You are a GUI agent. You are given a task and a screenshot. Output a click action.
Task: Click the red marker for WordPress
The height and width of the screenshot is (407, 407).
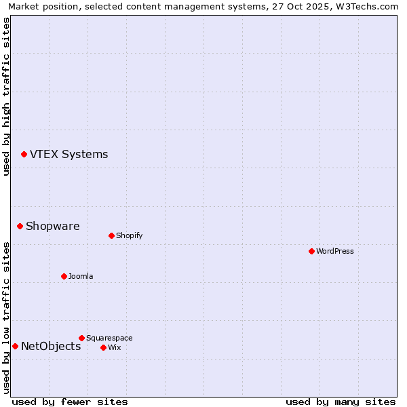coord(311,251)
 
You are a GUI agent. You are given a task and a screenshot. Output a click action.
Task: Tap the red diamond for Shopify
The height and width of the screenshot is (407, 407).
coord(111,235)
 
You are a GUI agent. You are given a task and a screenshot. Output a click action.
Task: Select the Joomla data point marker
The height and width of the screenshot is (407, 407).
coord(64,276)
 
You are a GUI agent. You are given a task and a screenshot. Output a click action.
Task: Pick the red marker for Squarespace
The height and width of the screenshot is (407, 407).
coord(81,338)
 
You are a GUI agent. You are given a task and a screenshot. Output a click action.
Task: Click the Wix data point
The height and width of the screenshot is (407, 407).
coord(103,347)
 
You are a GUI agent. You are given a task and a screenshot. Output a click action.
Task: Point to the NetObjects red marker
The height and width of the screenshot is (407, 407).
coord(15,346)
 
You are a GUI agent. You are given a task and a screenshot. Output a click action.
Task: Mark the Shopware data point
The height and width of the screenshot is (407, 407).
coord(20,226)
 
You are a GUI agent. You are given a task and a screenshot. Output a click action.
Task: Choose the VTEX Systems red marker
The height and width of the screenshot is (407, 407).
coord(24,154)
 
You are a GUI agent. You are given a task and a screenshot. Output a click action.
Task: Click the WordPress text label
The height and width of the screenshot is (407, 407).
coord(335,251)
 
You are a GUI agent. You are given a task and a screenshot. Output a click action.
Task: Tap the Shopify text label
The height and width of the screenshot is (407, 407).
coord(129,235)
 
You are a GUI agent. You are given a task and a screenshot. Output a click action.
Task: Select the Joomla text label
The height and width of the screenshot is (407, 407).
coord(81,276)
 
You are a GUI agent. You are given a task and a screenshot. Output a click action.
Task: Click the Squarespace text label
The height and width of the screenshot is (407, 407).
coord(109,338)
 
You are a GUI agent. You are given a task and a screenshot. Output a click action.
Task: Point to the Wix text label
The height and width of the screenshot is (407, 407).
coord(114,347)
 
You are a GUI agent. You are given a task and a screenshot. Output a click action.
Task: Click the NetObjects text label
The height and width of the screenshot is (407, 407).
coord(51,346)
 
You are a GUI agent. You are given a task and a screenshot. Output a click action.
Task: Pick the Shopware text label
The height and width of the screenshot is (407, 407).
coord(52,226)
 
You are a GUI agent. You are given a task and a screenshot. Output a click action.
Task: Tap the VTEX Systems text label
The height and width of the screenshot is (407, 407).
coord(69,154)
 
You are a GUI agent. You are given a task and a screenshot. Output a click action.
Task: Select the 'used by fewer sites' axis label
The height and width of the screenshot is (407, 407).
coord(70,402)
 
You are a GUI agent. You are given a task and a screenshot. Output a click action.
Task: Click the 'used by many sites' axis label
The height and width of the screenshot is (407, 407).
coord(341,402)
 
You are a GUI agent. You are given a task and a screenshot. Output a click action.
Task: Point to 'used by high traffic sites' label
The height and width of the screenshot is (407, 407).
coord(6,96)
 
